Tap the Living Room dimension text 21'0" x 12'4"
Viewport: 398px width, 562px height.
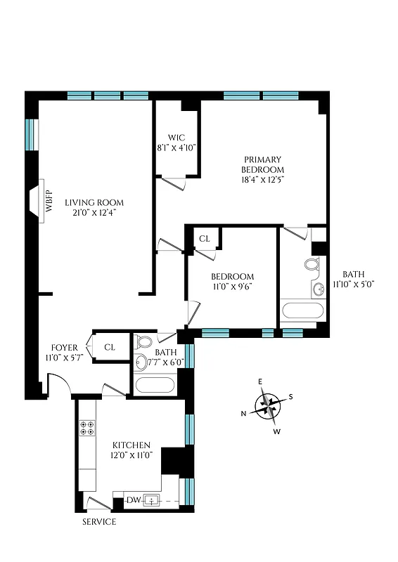[90, 213]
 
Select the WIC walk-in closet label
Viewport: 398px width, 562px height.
[176, 137]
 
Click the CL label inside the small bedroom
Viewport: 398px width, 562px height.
[204, 239]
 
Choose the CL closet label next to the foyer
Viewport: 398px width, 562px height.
[109, 347]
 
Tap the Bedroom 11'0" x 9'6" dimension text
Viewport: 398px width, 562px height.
[232, 287]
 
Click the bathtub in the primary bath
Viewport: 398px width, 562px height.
[302, 311]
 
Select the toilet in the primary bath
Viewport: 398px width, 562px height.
[312, 266]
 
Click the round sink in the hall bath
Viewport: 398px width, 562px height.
[141, 362]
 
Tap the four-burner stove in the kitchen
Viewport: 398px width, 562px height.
[88, 428]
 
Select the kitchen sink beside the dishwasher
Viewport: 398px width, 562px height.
[153, 500]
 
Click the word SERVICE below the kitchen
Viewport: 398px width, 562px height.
[98, 522]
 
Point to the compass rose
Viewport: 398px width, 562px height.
[267, 405]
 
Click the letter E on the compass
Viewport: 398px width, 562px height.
[260, 381]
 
